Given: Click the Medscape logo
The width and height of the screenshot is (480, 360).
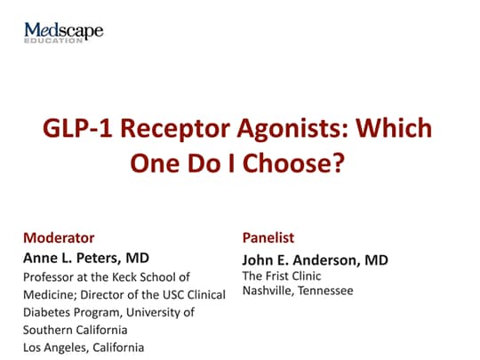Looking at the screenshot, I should point(63,31).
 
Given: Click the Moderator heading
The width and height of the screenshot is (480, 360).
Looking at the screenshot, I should point(59,238).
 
